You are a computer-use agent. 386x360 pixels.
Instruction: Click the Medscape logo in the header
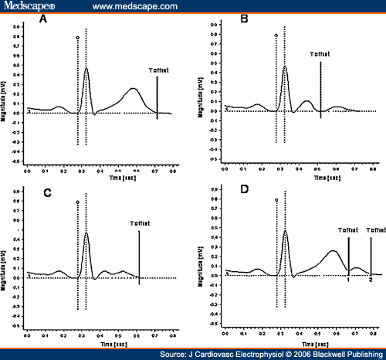[28, 7]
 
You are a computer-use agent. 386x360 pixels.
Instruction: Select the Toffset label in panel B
[320, 55]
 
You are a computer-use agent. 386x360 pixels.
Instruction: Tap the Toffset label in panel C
[139, 225]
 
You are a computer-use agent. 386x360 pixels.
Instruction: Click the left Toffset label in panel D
[349, 229]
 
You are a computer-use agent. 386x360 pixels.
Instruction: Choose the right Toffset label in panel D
[375, 229]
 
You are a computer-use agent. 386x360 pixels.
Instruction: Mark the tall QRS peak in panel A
[86, 68]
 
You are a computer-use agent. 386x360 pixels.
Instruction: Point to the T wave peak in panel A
[134, 88]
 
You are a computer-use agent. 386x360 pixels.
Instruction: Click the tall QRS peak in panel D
[286, 230]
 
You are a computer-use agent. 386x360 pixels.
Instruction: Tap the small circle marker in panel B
[276, 36]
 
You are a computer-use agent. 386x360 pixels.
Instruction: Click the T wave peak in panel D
[333, 250]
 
